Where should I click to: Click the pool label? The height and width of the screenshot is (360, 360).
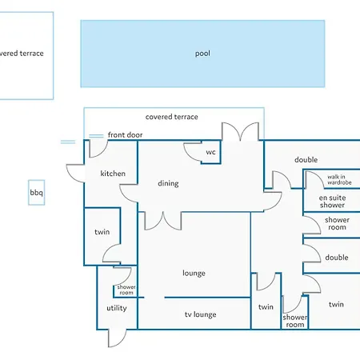pyautogui.click(x=202, y=54)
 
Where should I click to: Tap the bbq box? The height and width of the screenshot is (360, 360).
pyautogui.click(x=37, y=192)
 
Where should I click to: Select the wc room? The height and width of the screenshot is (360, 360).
pyautogui.click(x=211, y=152)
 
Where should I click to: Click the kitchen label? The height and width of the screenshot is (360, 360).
pyautogui.click(x=113, y=174)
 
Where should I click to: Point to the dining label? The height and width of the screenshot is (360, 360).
pyautogui.click(x=168, y=183)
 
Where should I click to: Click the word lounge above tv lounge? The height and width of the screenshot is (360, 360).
pyautogui.click(x=194, y=273)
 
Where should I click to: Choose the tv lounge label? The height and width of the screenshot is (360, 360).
pyautogui.click(x=201, y=314)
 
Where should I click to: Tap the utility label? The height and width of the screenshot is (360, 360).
pyautogui.click(x=117, y=308)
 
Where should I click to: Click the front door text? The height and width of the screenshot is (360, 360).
pyautogui.click(x=125, y=135)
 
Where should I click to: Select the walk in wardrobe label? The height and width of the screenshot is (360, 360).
pyautogui.click(x=339, y=180)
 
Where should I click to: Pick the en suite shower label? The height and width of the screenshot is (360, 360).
pyautogui.click(x=332, y=202)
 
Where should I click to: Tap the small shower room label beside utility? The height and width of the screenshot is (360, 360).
pyautogui.click(x=126, y=290)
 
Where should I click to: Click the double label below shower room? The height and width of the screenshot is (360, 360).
pyautogui.click(x=337, y=258)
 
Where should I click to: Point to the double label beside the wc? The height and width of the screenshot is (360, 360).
pyautogui.click(x=306, y=160)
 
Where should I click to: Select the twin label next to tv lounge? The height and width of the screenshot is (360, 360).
pyautogui.click(x=266, y=307)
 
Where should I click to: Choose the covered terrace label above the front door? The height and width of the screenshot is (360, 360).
pyautogui.click(x=171, y=117)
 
